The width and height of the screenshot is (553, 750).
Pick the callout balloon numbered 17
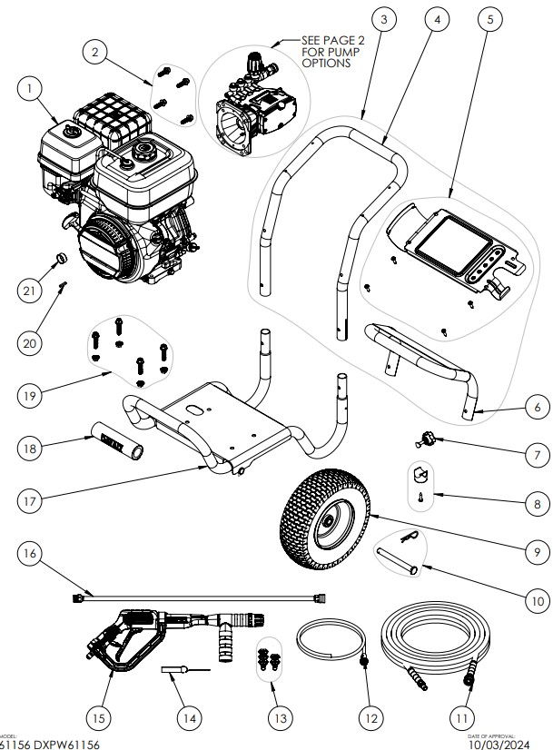coord(34,498)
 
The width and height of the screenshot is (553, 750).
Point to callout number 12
coord(369,716)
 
